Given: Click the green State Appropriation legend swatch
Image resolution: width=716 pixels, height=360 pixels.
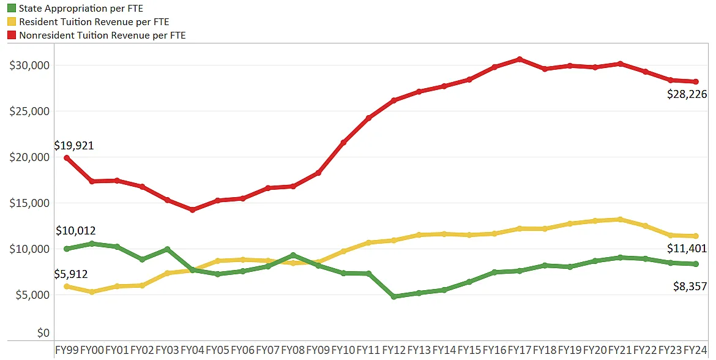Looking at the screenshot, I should point(12,9).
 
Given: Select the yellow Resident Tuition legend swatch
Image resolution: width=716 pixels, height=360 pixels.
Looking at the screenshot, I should point(12,22).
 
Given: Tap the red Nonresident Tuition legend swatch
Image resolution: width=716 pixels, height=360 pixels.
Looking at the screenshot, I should point(12,36).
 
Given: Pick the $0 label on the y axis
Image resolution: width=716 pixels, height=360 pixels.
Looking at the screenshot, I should point(42,333).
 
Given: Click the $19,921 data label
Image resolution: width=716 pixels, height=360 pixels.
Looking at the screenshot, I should point(74,146).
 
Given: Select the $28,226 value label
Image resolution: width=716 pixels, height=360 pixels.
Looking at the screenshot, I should point(687,94).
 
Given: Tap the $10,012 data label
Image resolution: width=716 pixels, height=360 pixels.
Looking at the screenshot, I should point(75,231).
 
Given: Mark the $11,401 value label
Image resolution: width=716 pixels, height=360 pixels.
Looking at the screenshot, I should point(687,249).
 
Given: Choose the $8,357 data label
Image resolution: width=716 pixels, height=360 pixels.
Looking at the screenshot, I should point(689,286).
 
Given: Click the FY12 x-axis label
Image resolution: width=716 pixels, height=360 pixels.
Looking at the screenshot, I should point(393,350).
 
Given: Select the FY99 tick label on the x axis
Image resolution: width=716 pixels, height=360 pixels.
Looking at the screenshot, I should point(67,350).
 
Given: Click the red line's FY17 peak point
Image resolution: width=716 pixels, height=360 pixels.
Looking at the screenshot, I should point(519,59).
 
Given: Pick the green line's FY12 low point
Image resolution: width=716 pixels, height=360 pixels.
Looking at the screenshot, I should point(393,296).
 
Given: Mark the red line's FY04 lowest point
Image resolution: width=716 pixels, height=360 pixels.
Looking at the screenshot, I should point(192,209).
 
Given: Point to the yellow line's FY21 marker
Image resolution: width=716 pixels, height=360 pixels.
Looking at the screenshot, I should point(620,219).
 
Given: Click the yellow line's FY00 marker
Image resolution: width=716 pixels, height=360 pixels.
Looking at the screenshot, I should point(92,292).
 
